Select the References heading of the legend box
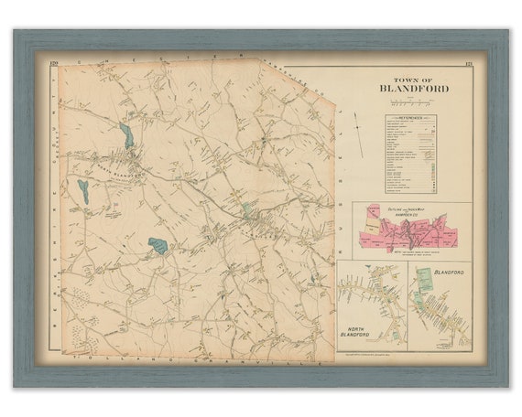coord(409,119)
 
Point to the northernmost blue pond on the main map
coord(125,136)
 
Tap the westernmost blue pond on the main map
coord(83,191)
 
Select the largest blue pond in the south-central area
coord(158,245)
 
